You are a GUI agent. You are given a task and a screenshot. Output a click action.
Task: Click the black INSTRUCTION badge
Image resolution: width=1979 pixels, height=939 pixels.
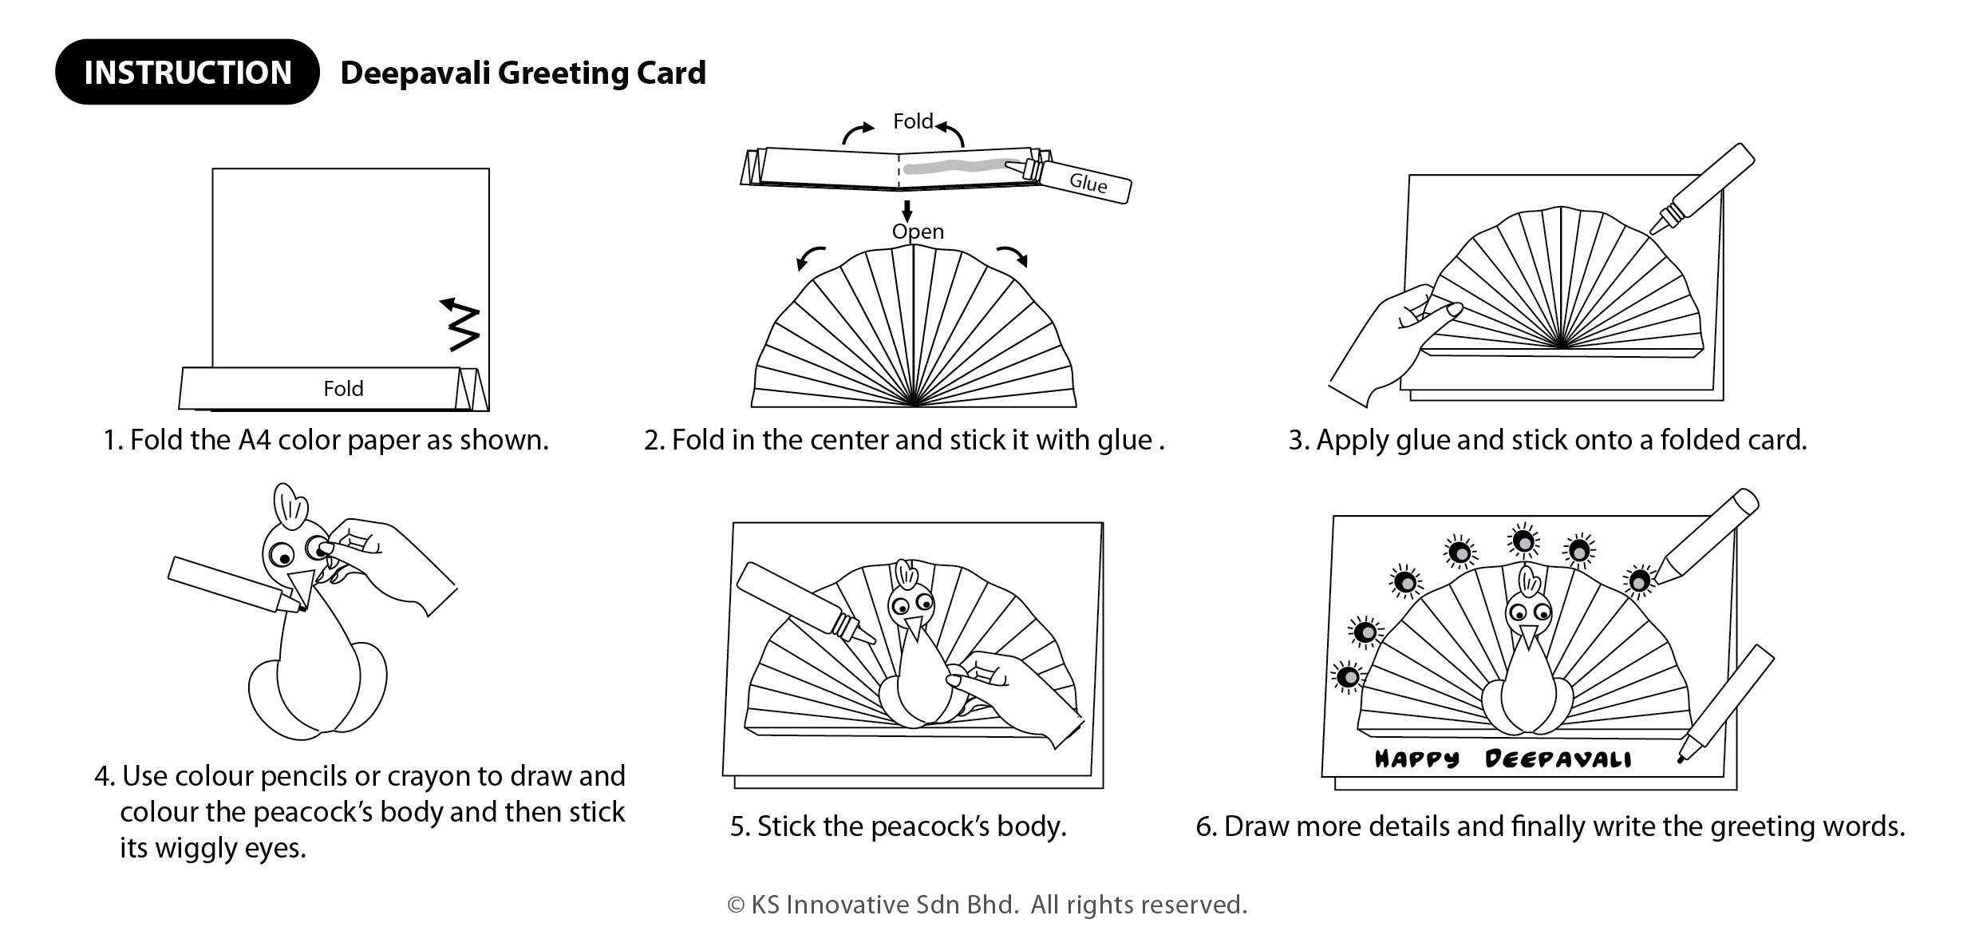[x=187, y=72]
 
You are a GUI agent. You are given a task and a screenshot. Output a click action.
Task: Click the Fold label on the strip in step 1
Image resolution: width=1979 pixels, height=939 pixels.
[x=343, y=389]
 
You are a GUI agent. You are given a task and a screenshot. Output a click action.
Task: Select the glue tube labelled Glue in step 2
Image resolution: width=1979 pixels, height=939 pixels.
[x=1085, y=182]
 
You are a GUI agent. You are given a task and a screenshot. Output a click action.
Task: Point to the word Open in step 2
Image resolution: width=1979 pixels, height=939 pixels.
[x=918, y=232]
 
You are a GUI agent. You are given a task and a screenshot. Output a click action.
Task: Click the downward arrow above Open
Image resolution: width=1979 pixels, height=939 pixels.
[x=907, y=212]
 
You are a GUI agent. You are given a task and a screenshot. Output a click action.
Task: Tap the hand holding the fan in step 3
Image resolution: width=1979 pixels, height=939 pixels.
[x=1388, y=335]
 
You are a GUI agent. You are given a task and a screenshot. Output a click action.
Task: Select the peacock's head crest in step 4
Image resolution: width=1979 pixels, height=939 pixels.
[x=290, y=503]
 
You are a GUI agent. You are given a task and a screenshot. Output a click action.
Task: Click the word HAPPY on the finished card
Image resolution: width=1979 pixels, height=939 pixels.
[x=1416, y=759]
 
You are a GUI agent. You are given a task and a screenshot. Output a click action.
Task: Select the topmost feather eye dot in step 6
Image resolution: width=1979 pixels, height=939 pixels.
[x=1523, y=541]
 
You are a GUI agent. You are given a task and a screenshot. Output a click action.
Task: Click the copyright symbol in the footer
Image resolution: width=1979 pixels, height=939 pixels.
[x=735, y=905]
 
